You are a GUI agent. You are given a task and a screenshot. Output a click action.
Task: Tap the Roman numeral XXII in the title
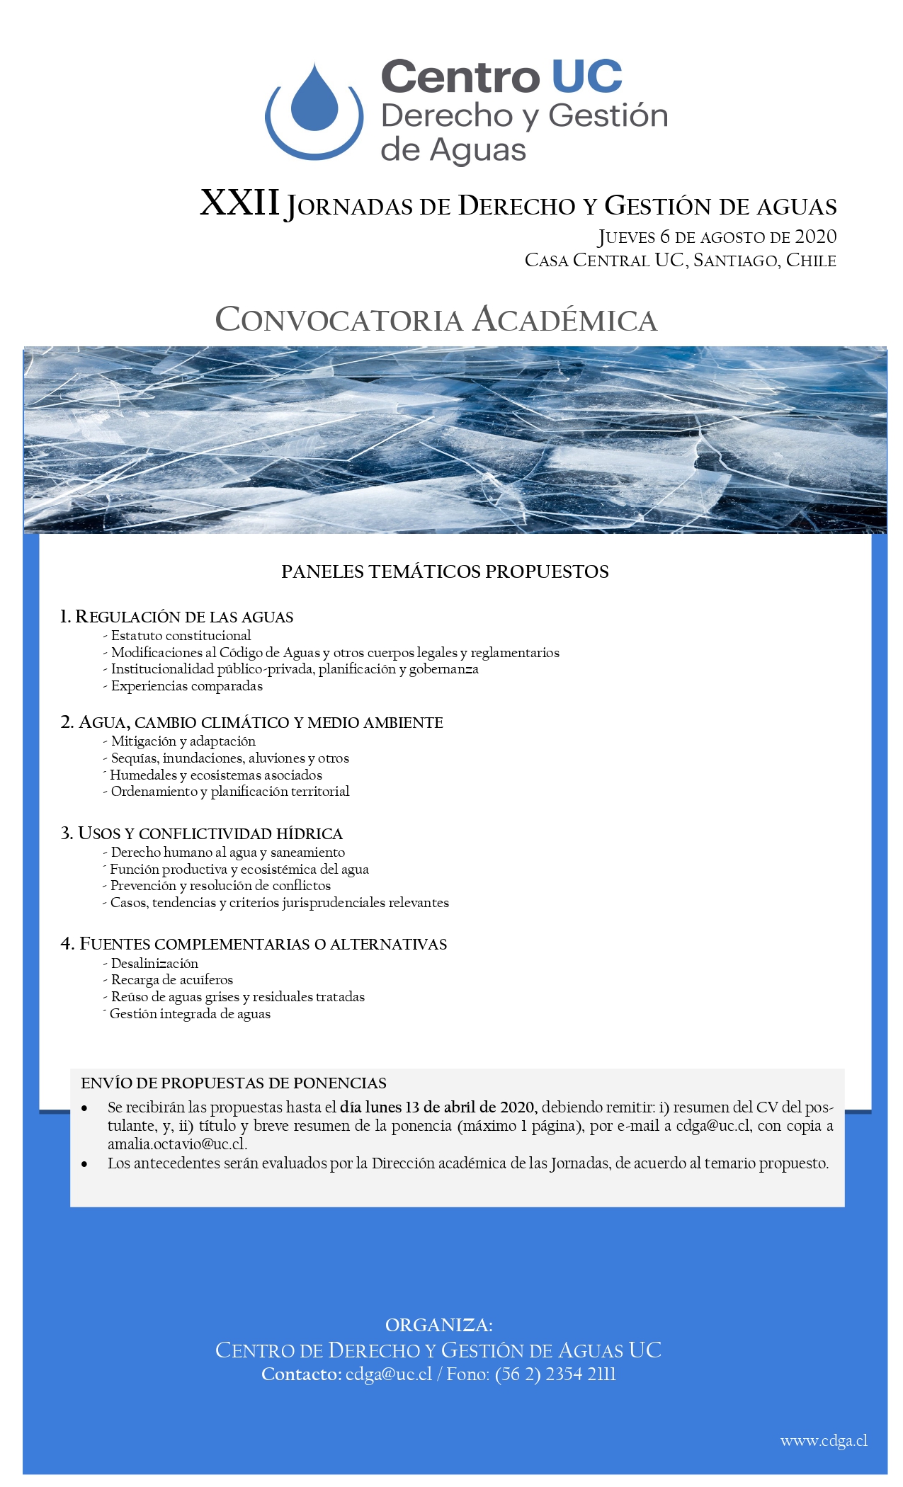click(x=239, y=203)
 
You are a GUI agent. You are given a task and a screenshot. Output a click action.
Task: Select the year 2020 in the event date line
click(x=815, y=237)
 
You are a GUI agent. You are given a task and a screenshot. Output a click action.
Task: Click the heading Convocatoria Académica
click(x=436, y=319)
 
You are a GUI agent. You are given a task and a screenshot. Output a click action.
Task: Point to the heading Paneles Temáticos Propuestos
click(x=445, y=571)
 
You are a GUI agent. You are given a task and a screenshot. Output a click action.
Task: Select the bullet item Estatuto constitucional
click(x=181, y=635)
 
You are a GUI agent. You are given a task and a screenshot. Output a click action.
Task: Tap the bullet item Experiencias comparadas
click(x=186, y=685)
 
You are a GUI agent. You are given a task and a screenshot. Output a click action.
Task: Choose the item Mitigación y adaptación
click(x=183, y=741)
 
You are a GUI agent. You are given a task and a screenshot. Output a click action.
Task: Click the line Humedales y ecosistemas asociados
click(x=215, y=775)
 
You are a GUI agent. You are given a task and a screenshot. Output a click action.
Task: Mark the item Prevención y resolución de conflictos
click(x=220, y=885)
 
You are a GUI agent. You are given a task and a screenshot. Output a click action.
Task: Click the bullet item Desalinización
click(x=154, y=963)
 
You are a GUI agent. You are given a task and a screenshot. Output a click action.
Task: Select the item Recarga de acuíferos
click(x=171, y=979)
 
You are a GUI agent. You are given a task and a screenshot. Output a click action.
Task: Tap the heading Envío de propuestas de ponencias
click(x=234, y=1083)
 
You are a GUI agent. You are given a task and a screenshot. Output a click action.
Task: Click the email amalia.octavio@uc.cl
click(x=176, y=1144)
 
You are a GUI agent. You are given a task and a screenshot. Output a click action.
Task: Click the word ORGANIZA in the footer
click(x=438, y=1325)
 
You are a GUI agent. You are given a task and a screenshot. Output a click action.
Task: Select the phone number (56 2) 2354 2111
click(x=555, y=1374)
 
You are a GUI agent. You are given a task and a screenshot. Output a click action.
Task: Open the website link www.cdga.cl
click(x=824, y=1441)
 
